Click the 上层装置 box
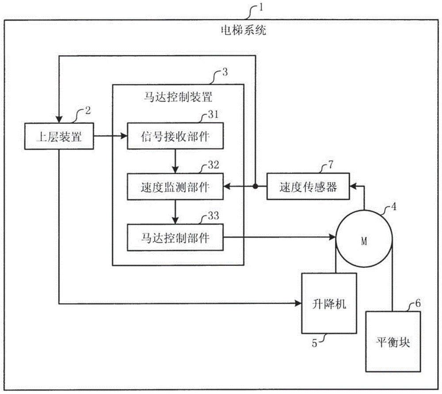tap(58, 137)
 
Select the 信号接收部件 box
tap(175, 137)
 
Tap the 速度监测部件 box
tap(175, 187)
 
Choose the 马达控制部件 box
tap(175, 238)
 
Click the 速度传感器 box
tap(308, 187)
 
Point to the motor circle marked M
tap(364, 241)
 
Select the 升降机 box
tap(329, 303)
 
